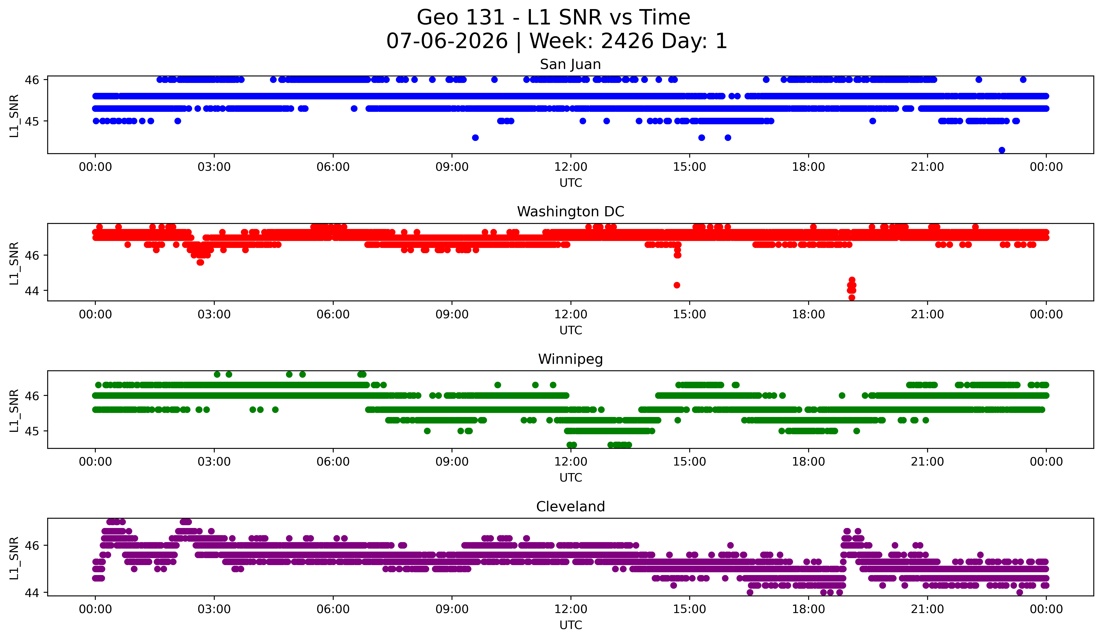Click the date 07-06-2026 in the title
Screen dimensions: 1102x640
click(x=447, y=41)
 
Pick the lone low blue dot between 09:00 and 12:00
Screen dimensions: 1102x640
click(x=475, y=138)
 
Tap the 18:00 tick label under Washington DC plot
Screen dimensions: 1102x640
click(x=808, y=315)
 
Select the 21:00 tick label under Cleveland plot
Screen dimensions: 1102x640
click(x=927, y=609)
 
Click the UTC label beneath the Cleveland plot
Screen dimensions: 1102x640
click(x=571, y=625)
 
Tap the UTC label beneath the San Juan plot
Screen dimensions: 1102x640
click(x=571, y=183)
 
